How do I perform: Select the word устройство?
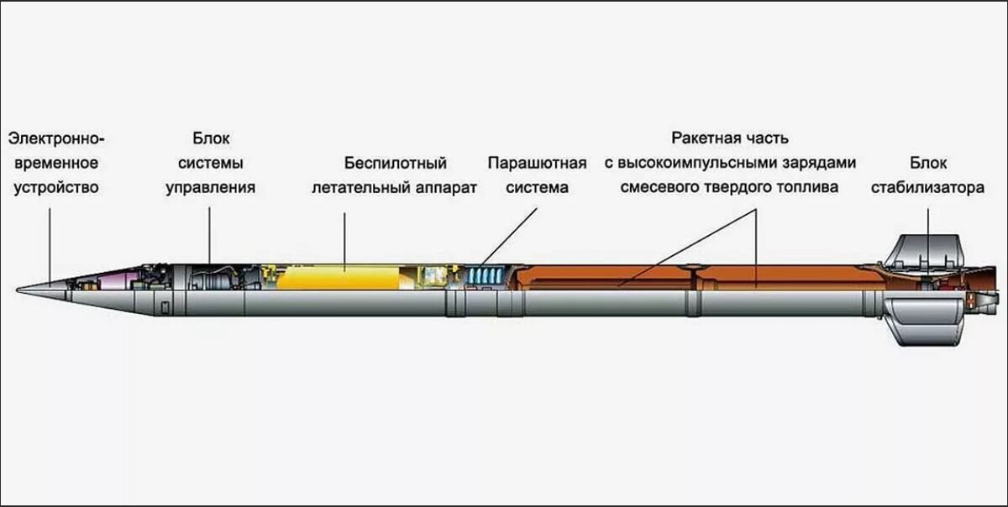[55, 187]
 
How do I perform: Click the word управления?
[210, 187]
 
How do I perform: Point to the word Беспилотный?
[395, 163]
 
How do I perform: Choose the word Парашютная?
[537, 163]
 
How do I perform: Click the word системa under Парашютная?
[537, 187]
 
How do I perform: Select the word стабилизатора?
[928, 187]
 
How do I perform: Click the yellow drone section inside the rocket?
[336, 277]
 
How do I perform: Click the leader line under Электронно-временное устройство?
[50, 243]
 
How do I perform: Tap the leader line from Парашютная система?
[510, 235]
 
